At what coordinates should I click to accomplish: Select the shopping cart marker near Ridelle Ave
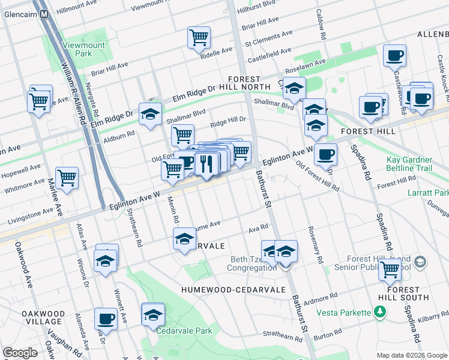[199, 38]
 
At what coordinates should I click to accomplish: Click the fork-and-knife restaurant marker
[206, 163]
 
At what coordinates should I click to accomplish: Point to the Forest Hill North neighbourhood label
[244, 83]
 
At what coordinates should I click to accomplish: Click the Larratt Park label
[435, 193]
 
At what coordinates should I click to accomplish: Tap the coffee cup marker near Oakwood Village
[106, 319]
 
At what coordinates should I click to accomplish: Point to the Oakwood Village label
[43, 317]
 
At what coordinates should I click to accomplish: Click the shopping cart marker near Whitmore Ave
[67, 178]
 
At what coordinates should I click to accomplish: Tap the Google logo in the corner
[20, 353]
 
